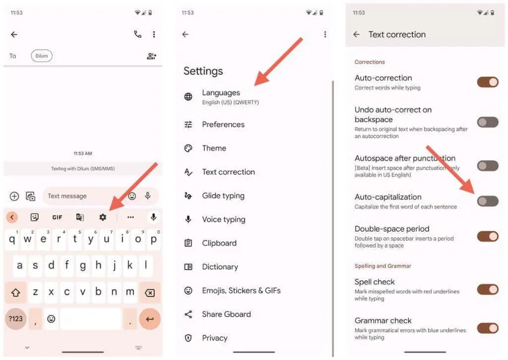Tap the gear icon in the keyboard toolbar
coord(103,217)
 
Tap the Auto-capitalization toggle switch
coord(488,201)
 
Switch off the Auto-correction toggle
coord(488,82)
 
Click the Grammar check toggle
coord(488,328)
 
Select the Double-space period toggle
coord(488,237)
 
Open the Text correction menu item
coord(228,172)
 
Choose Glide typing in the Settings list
coord(223,196)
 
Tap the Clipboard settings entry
coord(219,243)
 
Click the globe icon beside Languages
coord(188,97)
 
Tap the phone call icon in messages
coord(138,34)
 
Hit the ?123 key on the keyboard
coord(15,319)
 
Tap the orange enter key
coord(150,319)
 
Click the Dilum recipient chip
coord(41,56)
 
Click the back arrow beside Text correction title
coord(356,35)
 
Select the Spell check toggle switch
coord(488,290)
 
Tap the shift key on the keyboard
coord(15,293)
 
